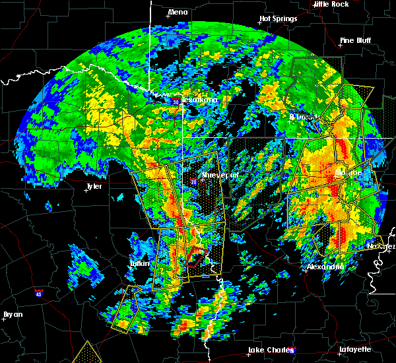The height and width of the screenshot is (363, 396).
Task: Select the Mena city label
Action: tap(178, 12)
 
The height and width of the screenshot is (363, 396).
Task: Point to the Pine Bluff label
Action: tap(356, 40)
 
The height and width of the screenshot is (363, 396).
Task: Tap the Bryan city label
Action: tap(13, 314)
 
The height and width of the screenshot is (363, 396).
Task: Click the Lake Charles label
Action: tap(268, 350)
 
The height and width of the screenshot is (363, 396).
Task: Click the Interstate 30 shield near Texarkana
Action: tap(176, 102)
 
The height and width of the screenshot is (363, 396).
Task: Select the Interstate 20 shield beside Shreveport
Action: tap(194, 181)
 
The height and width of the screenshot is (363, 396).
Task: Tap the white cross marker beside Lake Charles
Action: tap(246, 351)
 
